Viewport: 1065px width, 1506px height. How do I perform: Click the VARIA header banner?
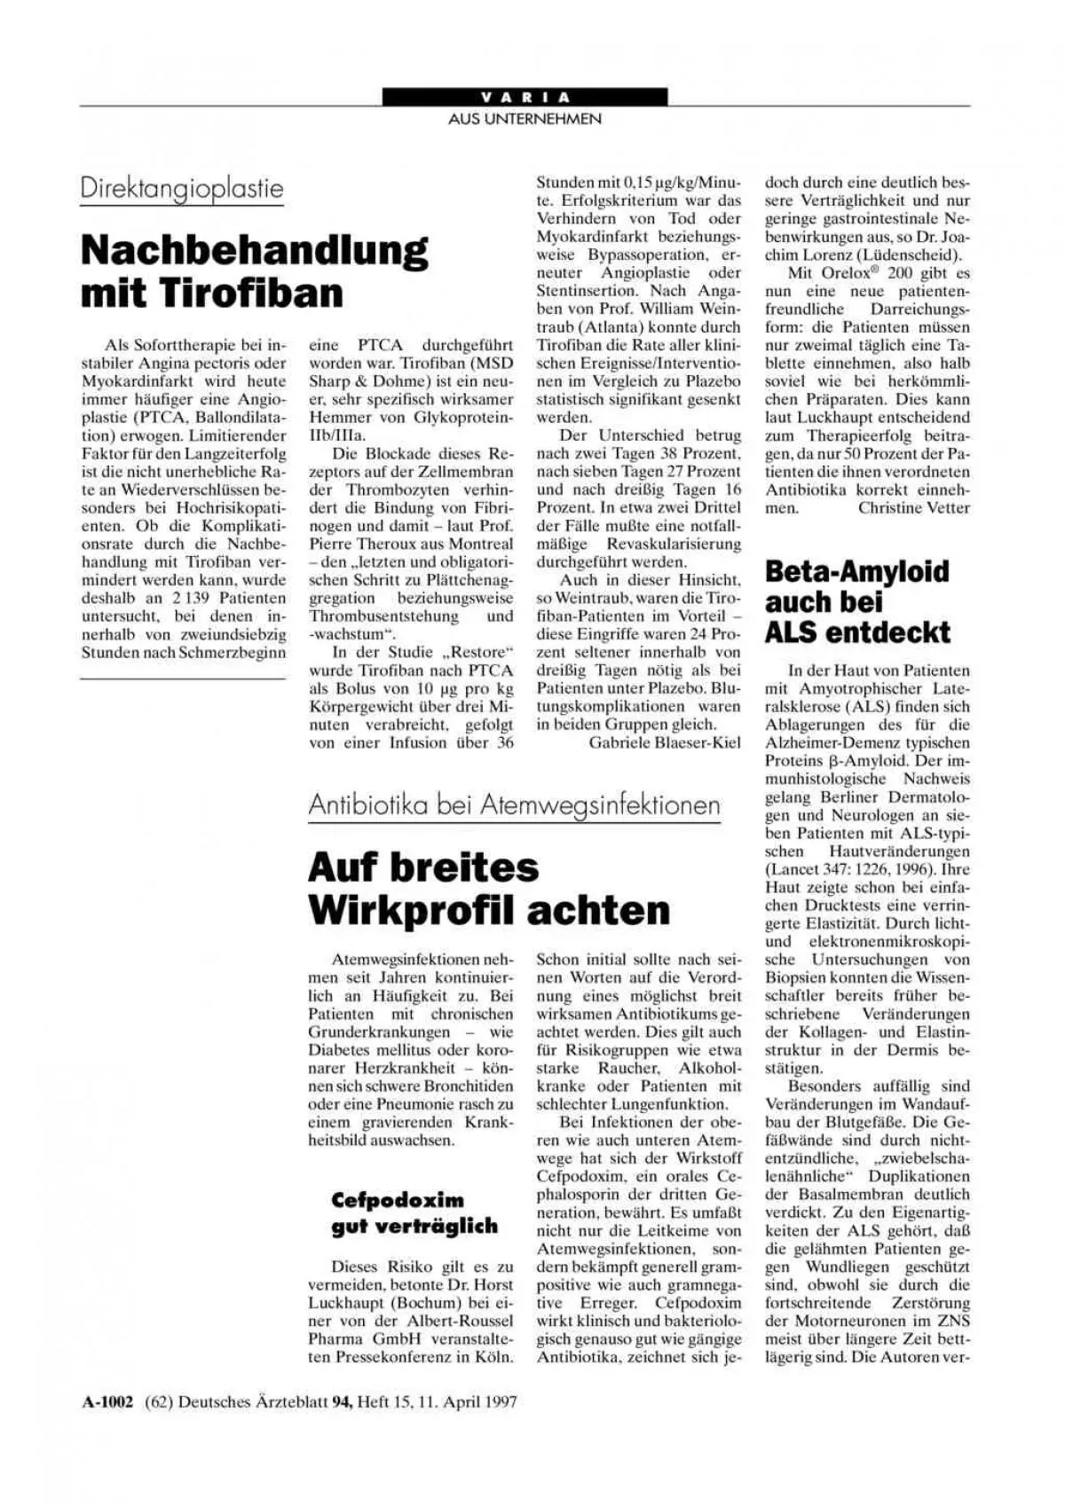[x=525, y=97]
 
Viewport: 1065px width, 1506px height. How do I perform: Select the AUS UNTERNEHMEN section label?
[x=525, y=119]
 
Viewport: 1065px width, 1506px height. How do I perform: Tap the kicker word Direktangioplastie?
[x=182, y=189]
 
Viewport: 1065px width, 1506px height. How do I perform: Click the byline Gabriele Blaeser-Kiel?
[x=664, y=743]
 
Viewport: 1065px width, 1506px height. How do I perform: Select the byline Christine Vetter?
[x=914, y=508]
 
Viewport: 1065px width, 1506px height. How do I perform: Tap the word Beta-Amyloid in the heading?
[x=856, y=572]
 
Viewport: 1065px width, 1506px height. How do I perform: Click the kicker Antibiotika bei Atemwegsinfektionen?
[x=514, y=805]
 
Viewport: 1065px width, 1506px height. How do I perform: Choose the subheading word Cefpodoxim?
[x=398, y=1201]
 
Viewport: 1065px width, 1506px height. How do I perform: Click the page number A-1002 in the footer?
[x=108, y=1402]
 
